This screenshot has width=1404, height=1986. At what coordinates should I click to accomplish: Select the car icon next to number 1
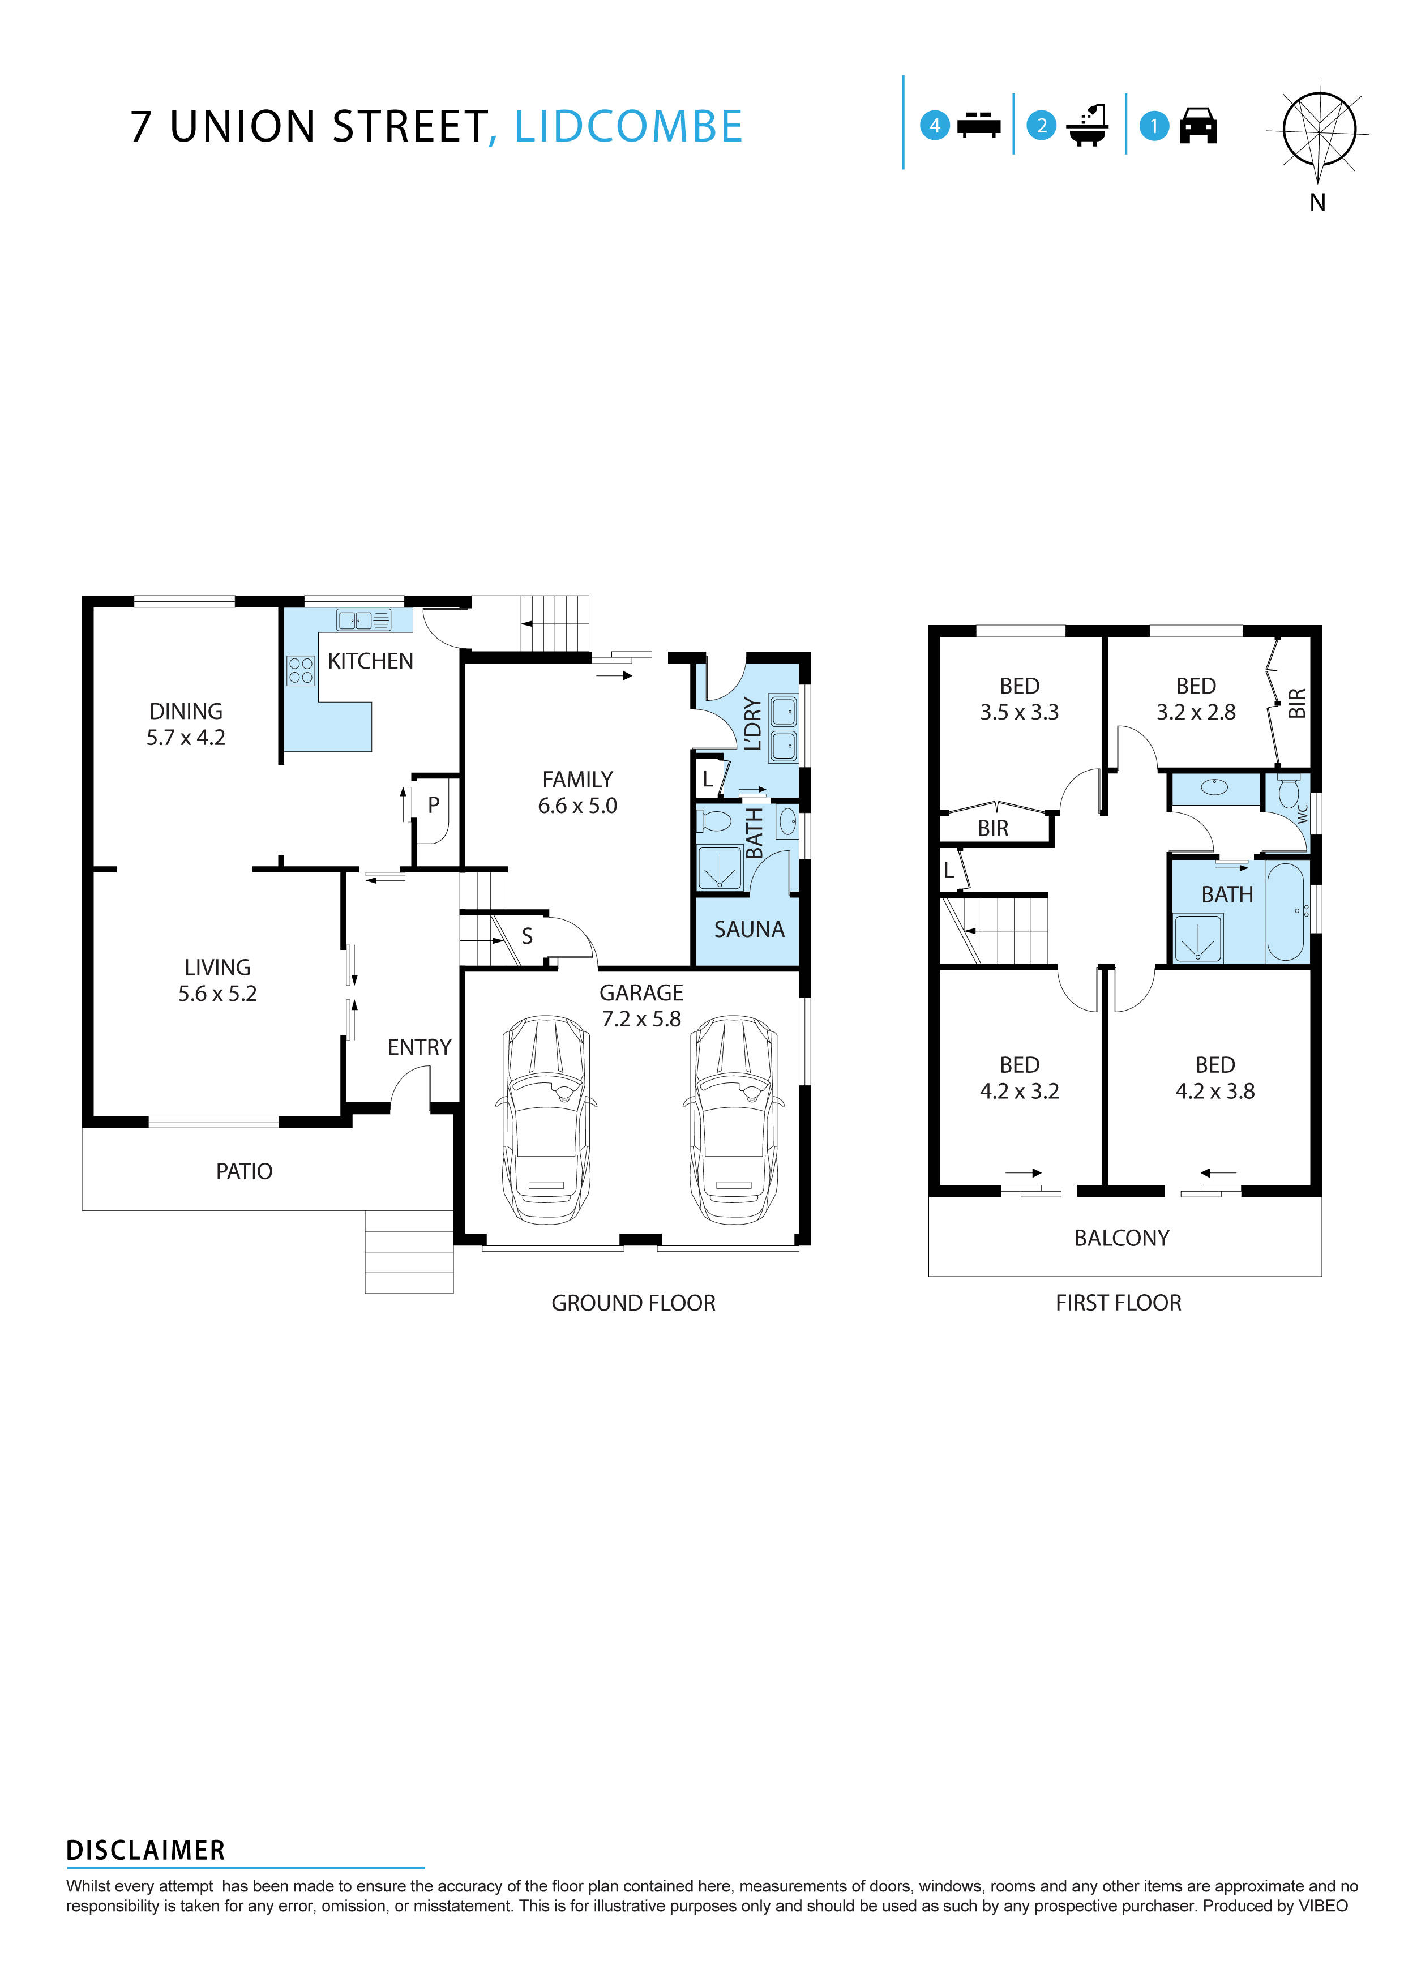click(x=1198, y=126)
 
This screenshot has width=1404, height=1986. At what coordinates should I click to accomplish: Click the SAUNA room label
click(x=748, y=930)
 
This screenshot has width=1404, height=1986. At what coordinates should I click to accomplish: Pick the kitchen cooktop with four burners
click(x=300, y=670)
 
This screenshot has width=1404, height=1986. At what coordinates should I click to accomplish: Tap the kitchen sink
click(x=363, y=619)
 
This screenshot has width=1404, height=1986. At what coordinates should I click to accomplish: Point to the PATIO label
click(x=244, y=1171)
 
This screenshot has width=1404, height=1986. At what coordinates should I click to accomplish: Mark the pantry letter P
click(x=434, y=804)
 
